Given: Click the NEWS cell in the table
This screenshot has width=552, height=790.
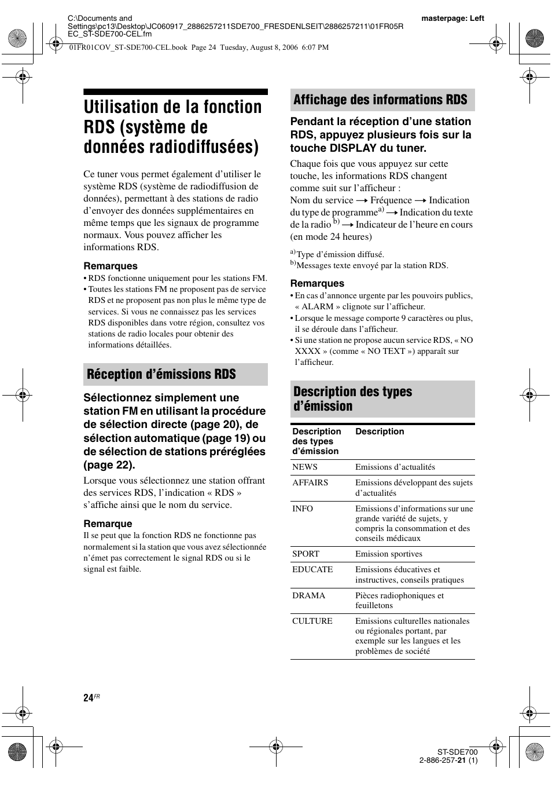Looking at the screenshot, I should pos(305,467).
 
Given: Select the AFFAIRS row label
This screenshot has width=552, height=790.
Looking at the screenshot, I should pos(310,482).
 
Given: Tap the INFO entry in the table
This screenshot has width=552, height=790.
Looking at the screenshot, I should pos(303,509).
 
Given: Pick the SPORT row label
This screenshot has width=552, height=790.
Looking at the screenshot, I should pos(306,554).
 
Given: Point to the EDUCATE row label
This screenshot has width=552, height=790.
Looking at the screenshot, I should pos(312,569).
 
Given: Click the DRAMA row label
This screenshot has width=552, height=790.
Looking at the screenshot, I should pos(308,595).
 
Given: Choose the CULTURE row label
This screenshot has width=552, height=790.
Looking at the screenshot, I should pos(312,621).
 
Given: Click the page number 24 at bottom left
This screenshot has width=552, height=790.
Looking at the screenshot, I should pos(88,698).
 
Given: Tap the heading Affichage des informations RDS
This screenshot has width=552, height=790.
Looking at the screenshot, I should pos(380,100).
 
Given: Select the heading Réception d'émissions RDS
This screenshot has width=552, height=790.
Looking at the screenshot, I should pos(161,374).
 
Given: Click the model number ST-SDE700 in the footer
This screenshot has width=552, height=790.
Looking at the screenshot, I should pos(457,752).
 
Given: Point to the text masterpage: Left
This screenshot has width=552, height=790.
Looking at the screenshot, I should pos(452,19).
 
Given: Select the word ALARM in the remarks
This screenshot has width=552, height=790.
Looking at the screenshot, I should pos(318,306).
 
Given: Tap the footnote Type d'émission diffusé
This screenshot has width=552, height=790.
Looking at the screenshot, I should pos(340,254).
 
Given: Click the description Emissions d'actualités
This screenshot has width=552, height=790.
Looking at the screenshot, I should pos(395,467).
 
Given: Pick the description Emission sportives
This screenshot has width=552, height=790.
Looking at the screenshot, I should pos(389,554).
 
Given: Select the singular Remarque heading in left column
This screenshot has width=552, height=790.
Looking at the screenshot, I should pos(108,524).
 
